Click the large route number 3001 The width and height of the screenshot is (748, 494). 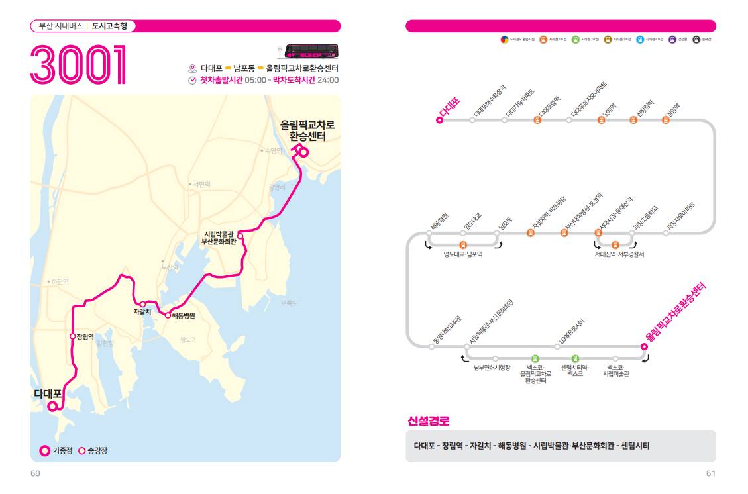(78, 65)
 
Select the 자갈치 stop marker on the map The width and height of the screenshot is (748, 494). (142, 304)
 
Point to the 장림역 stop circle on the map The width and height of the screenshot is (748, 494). (72, 336)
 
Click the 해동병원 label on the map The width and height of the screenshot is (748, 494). (184, 315)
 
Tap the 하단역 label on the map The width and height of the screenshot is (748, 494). (59, 281)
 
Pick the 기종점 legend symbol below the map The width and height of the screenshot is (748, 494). (44, 451)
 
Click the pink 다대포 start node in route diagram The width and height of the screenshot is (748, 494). (439, 120)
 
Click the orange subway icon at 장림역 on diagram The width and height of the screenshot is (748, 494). (666, 120)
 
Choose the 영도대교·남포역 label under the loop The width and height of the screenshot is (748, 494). (463, 254)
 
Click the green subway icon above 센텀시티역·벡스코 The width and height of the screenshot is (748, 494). (574, 358)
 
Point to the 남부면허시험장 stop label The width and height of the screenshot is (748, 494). (492, 368)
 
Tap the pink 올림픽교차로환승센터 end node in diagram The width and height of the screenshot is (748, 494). (644, 346)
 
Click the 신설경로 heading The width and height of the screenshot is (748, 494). (429, 421)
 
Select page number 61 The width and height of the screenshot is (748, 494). (711, 473)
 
